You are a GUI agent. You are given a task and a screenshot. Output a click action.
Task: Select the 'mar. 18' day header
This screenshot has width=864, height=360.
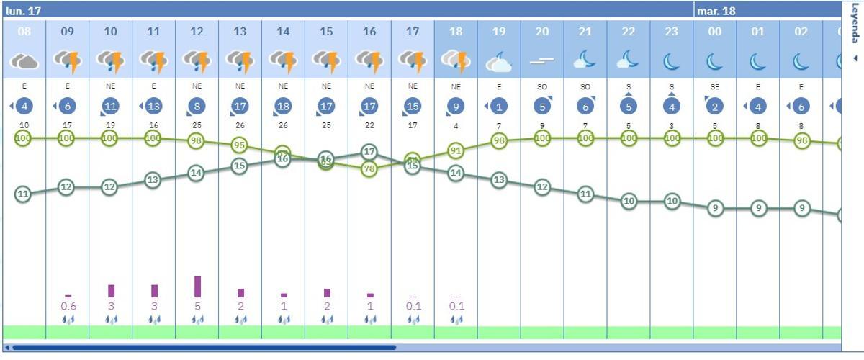(x=716, y=11)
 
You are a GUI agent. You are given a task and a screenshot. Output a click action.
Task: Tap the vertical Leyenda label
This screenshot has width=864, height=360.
(x=855, y=23)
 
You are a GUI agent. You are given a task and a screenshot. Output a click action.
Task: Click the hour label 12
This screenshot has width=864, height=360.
(x=197, y=32)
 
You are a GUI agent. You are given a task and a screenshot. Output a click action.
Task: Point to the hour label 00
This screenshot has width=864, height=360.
(x=715, y=32)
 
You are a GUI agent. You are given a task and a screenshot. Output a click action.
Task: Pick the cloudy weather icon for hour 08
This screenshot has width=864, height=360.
(x=24, y=61)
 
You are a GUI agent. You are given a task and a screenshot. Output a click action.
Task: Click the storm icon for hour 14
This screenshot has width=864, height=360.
(x=283, y=61)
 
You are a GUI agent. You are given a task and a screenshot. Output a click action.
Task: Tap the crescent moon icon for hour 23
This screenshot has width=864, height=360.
(x=672, y=62)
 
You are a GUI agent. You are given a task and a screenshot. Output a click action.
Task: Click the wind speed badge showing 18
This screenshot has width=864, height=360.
(x=283, y=107)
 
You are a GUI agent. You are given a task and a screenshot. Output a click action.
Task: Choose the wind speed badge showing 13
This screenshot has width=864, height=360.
(x=153, y=107)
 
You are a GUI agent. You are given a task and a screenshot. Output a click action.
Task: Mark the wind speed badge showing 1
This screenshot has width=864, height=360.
(x=499, y=107)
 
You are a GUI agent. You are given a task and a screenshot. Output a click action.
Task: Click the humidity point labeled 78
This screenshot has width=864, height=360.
(x=369, y=169)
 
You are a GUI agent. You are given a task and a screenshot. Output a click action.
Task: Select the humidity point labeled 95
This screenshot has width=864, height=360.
(x=240, y=145)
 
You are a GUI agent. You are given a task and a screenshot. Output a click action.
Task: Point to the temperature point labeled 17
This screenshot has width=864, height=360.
(x=369, y=151)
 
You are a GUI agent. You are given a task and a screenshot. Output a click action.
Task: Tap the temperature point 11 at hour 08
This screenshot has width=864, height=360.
(x=23, y=194)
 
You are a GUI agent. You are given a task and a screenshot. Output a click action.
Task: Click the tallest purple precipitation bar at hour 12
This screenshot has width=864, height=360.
(x=197, y=287)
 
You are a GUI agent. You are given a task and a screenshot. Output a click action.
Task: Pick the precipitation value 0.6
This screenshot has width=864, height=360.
(x=68, y=306)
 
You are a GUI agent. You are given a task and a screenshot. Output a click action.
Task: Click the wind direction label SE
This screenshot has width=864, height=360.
(x=715, y=86)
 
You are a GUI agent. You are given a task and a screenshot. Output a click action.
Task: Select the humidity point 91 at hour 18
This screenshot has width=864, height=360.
(x=455, y=150)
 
